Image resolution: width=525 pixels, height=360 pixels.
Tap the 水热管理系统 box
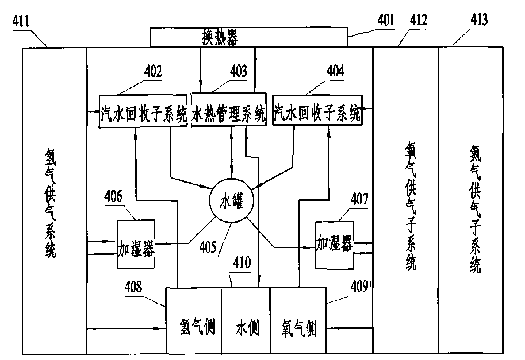228,109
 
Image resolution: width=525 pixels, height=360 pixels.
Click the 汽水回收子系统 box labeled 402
143,111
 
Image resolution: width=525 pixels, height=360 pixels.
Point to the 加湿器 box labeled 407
335,245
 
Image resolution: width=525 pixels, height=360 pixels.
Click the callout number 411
21,21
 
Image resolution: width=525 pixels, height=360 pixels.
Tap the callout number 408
133,287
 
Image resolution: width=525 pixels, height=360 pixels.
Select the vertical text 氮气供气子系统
475,209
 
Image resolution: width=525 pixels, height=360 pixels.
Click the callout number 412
418,20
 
